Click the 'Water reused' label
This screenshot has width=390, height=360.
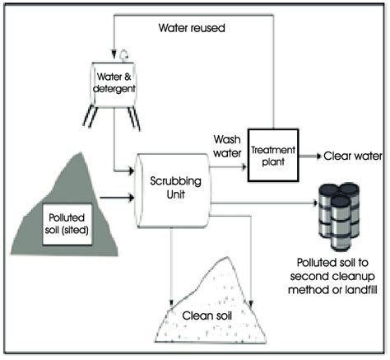coord(192,28)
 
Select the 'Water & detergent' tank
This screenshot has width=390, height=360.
coord(114,84)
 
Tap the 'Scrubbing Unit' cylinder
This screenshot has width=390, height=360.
coord(174,190)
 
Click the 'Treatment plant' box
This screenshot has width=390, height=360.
coord(273,156)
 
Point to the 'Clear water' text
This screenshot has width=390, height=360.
coord(353,156)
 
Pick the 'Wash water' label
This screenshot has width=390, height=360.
coord(227,146)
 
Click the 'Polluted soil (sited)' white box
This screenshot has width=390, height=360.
coord(67,224)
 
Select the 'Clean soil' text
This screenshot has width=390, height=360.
coord(207,316)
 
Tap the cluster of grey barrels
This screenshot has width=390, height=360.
coord(339,216)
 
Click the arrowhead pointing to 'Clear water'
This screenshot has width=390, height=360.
coord(318,157)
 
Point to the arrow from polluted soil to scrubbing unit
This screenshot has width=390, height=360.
coord(117,198)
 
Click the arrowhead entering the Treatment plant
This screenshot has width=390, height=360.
coord(244,166)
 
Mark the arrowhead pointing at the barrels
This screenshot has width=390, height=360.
coord(315,203)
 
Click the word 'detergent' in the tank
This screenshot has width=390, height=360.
coord(114,89)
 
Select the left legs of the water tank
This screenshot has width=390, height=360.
coord(91,117)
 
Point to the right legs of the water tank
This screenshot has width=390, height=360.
coord(133,118)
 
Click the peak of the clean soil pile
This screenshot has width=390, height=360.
coord(226,258)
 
